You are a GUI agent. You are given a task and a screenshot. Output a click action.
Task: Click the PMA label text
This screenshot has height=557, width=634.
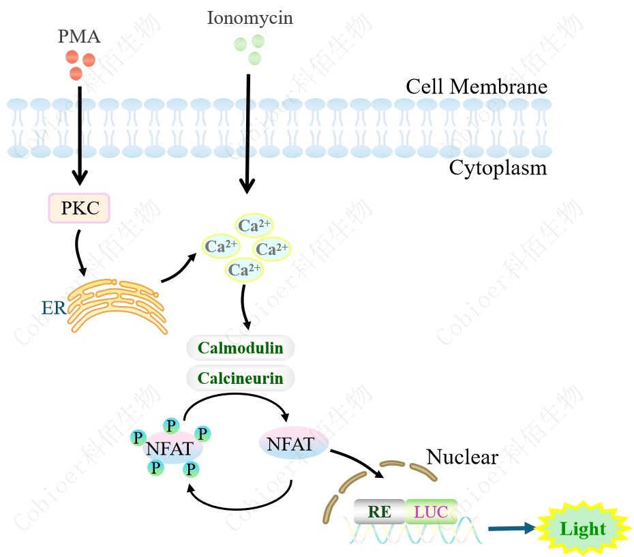pos(79,36)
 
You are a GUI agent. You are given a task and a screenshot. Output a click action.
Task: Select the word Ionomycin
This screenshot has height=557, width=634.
pos(250,18)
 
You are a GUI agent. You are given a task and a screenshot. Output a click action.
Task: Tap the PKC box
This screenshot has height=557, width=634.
pos(79,207)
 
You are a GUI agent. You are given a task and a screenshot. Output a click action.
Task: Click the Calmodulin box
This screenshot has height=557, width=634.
pos(240,348)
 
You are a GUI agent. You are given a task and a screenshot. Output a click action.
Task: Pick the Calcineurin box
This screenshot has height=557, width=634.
pos(240,378)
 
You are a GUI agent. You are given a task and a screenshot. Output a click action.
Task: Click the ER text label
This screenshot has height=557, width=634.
pos(54,307)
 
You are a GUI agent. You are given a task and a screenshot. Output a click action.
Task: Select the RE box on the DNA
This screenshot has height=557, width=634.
pos(380,511)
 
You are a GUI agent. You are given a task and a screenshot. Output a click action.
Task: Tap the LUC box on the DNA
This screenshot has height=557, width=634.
pos(431,511)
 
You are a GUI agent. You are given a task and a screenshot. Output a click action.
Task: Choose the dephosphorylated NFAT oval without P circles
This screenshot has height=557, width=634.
pos(291,445)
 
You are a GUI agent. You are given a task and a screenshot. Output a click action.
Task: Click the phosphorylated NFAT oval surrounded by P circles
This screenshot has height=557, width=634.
pos(168,449)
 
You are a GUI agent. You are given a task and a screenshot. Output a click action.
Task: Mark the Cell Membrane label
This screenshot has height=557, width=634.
pos(477,87)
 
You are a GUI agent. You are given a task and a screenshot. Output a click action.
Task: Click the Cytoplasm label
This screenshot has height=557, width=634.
pos(498,168)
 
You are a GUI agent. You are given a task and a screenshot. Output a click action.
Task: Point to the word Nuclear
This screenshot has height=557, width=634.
pos(462,457)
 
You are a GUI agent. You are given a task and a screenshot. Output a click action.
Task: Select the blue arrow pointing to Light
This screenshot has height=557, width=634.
pos(511,528)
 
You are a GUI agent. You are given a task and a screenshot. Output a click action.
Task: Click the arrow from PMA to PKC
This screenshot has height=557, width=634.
pos(80,136)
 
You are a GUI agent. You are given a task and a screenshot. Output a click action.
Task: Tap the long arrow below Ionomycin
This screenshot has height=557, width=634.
pos(247,133)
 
